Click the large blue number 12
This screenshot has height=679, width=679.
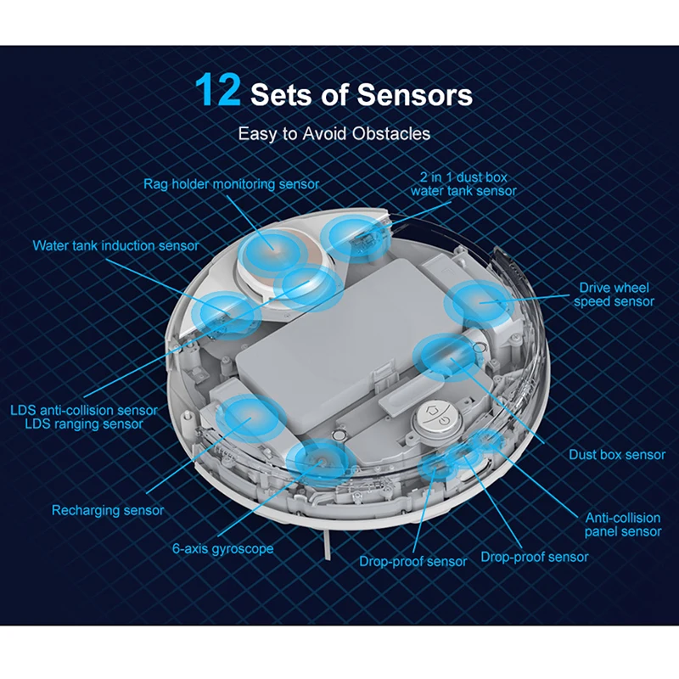tap(218, 91)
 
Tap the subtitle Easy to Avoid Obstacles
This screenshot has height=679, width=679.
tap(334, 133)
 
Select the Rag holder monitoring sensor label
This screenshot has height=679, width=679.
tap(231, 184)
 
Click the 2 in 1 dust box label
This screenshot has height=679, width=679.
tap(463, 178)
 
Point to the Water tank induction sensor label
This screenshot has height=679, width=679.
tap(115, 245)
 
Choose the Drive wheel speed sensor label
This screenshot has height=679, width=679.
tap(614, 295)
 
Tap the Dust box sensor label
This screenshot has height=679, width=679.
tap(617, 455)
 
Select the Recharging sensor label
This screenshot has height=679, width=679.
tap(108, 510)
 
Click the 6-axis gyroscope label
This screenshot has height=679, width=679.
tap(223, 548)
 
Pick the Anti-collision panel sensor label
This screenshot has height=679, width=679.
tap(623, 524)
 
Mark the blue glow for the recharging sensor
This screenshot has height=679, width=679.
tap(248, 419)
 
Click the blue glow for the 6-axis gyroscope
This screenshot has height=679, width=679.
tap(319, 463)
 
